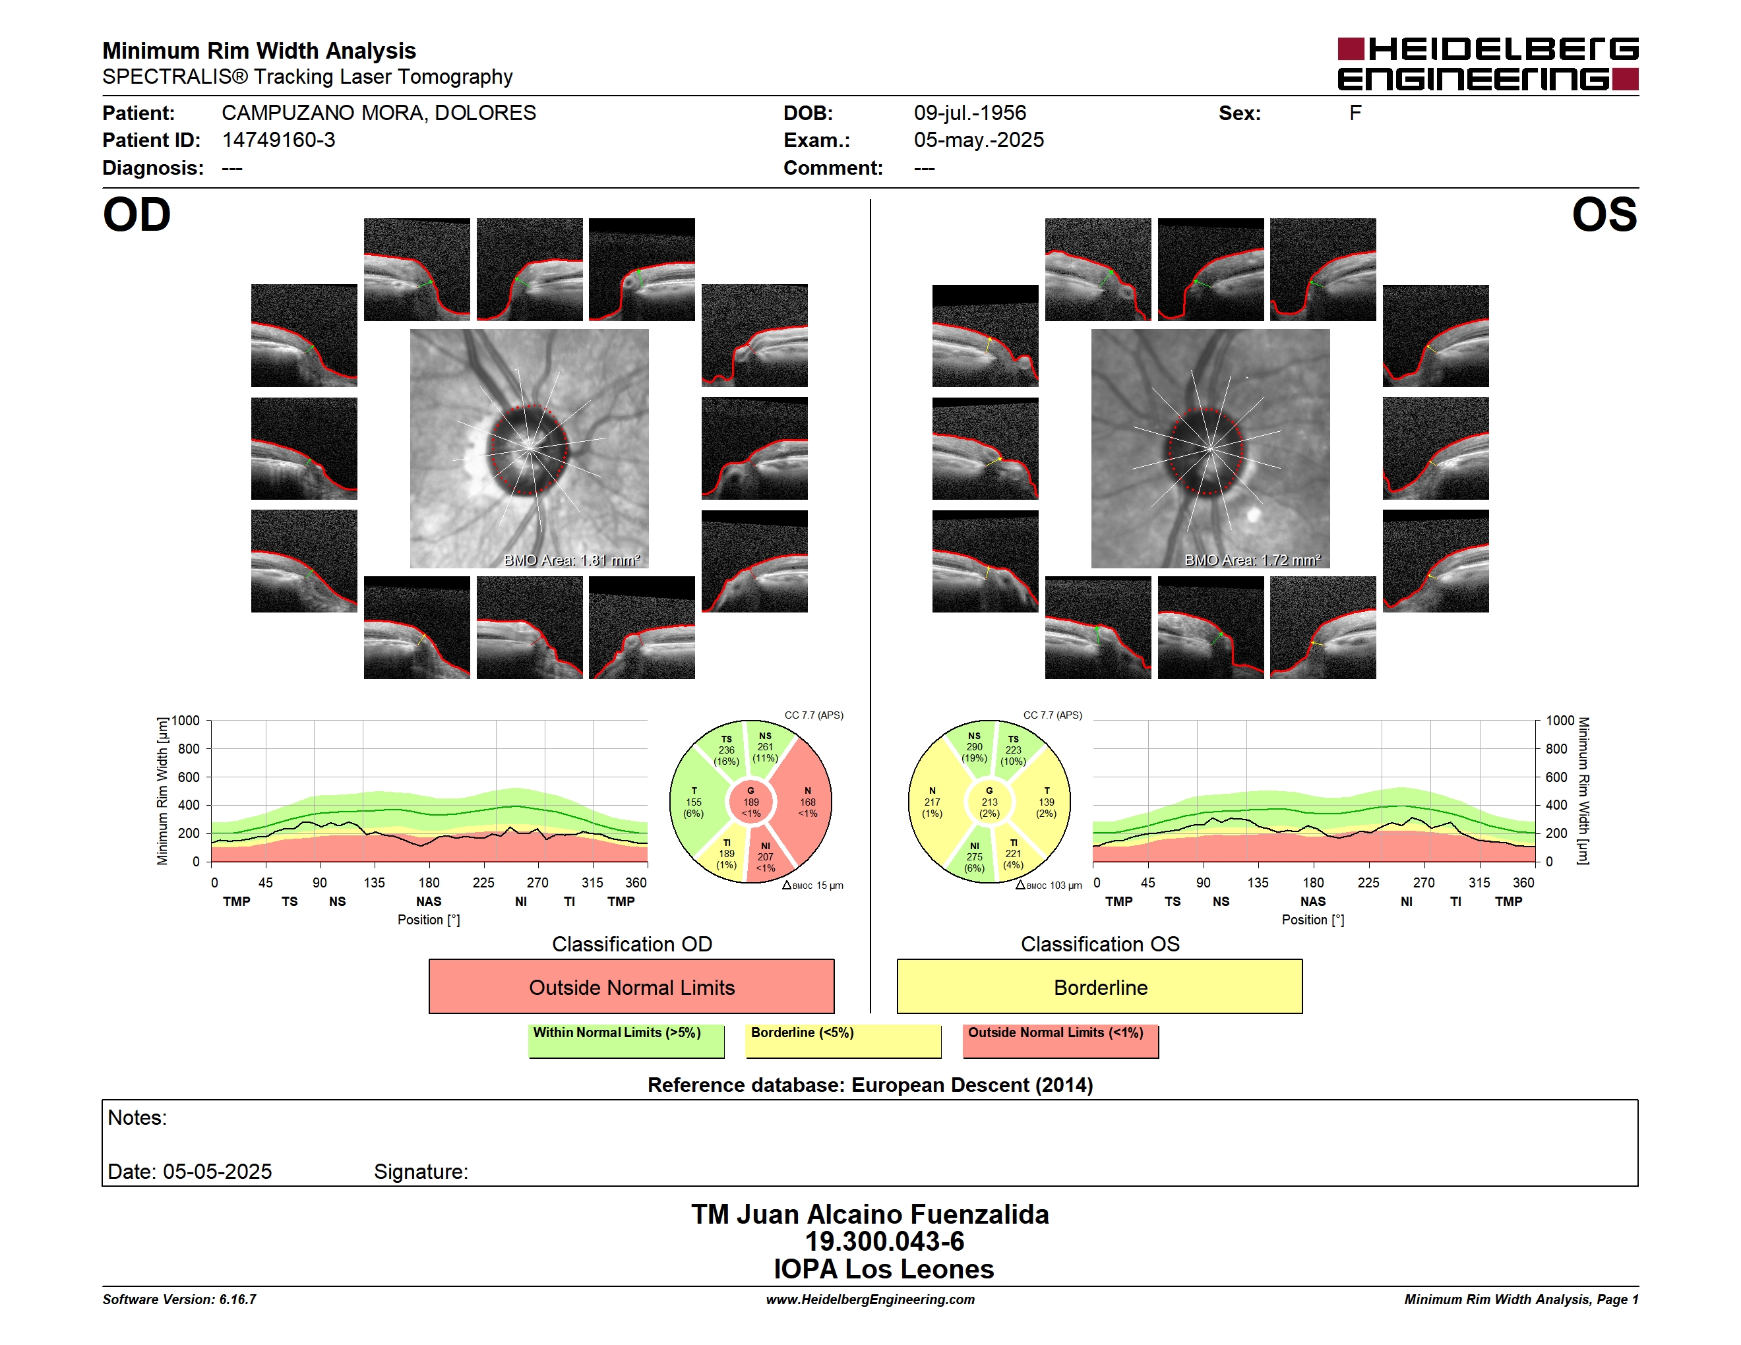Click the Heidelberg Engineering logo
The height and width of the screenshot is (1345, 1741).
tap(1488, 64)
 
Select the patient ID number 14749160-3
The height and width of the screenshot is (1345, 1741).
tap(278, 140)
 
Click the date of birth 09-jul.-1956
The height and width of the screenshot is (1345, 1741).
tap(969, 113)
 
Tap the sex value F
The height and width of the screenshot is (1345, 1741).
tap(1355, 113)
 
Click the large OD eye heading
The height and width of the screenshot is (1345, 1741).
tap(137, 215)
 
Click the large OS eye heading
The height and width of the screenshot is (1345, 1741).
tap(1604, 215)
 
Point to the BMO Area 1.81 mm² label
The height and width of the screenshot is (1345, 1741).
tap(572, 560)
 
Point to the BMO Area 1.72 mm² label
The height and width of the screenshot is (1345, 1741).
tap(1252, 560)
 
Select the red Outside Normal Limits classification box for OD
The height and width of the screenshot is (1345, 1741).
tap(631, 986)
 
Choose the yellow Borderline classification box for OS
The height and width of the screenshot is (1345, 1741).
tap(1099, 986)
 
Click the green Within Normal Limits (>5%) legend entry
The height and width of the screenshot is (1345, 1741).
tap(626, 1040)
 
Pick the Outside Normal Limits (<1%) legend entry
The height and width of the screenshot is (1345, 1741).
tap(1060, 1040)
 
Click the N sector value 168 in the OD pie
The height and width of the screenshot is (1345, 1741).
tap(808, 802)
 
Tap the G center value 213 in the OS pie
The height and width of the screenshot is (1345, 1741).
tap(989, 802)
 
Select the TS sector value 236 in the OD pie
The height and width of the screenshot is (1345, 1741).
tap(726, 750)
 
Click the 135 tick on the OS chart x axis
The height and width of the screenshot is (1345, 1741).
tap(1258, 883)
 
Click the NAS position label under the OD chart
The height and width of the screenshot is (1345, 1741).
tap(428, 901)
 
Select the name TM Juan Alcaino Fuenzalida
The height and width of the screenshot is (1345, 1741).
tap(870, 1214)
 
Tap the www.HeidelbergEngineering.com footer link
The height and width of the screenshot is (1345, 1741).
tap(870, 1300)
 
